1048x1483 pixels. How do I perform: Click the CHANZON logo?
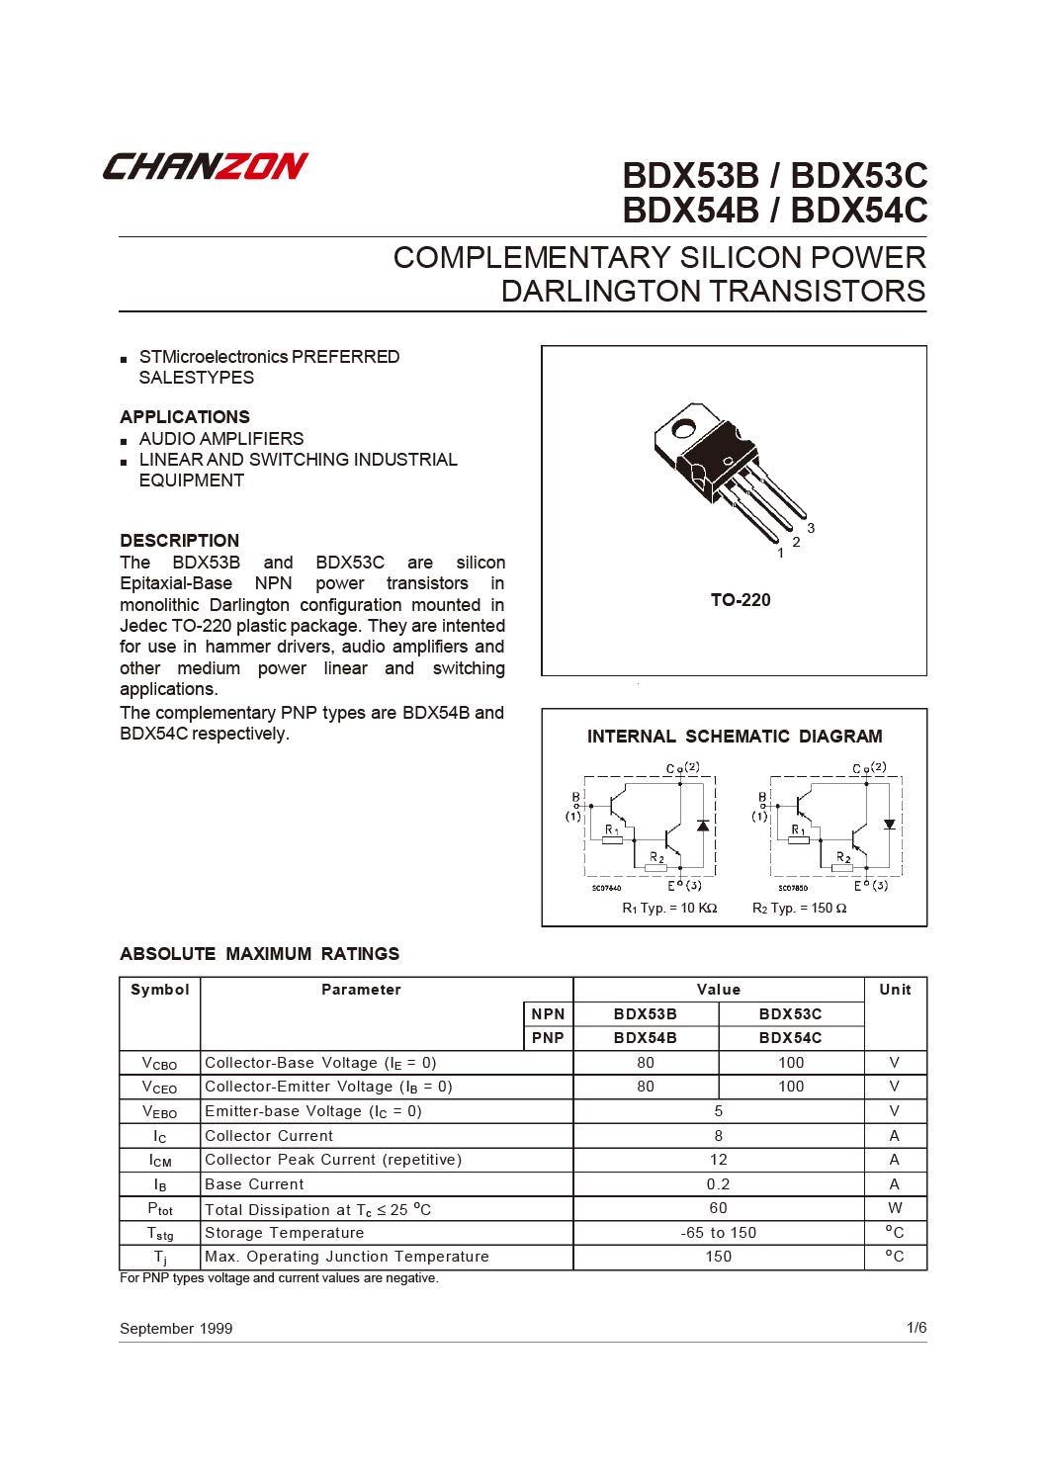[206, 166]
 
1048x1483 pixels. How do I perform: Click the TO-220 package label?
[741, 600]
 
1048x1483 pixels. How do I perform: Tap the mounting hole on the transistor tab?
[683, 429]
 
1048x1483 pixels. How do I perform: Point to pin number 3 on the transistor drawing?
[811, 528]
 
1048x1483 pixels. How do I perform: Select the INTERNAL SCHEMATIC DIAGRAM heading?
[735, 737]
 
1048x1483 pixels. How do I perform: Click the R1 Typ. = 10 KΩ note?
[669, 908]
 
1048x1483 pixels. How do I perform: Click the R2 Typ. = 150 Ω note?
[799, 908]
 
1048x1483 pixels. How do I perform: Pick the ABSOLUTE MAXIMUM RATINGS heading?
[260, 954]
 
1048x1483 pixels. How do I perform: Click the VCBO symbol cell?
[159, 1063]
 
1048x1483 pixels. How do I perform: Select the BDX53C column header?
[790, 1013]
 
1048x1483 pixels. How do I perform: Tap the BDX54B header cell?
[645, 1037]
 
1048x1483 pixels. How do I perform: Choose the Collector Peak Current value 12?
[719, 1160]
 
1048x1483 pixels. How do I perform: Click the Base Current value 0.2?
[719, 1183]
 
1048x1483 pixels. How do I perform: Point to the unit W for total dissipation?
[895, 1208]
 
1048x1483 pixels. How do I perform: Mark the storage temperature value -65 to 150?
[719, 1232]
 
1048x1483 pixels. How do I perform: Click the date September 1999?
[176, 1328]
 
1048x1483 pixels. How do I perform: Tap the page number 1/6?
[917, 1327]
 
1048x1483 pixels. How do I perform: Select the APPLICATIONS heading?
[185, 417]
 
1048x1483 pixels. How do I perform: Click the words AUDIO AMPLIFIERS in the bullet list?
[221, 438]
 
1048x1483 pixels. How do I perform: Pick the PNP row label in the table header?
[548, 1037]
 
